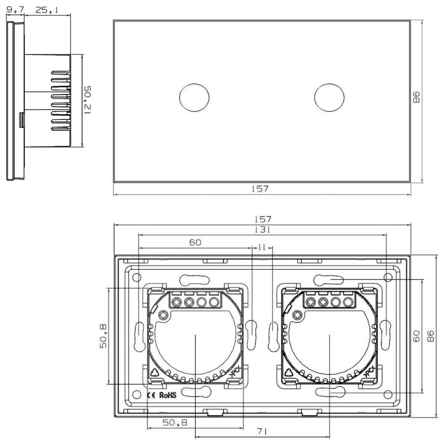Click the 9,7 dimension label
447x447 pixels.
(x=15, y=10)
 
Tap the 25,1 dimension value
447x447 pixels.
(x=47, y=10)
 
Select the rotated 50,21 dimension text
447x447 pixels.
(x=88, y=100)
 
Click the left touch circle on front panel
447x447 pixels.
(x=194, y=98)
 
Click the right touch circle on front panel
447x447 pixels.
(x=329, y=98)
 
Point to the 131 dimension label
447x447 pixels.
(x=263, y=230)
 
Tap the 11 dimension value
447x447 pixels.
(x=261, y=247)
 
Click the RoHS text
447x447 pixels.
(x=168, y=395)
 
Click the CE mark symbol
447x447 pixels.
(x=151, y=396)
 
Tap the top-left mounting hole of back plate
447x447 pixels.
(x=137, y=277)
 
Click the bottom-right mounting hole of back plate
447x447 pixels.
(x=388, y=394)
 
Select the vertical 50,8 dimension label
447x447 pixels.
(x=103, y=336)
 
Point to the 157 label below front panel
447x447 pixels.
(x=260, y=189)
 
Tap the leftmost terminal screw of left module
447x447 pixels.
(x=177, y=302)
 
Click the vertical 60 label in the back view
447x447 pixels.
(x=416, y=336)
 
